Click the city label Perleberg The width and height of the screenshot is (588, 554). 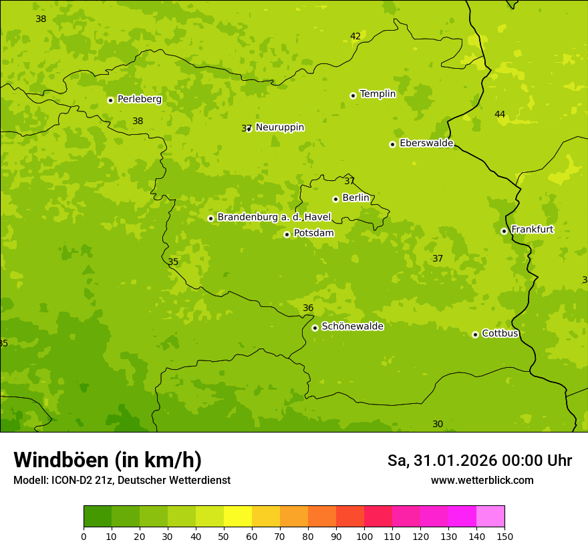point(139,99)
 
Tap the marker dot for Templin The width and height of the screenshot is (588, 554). point(353,95)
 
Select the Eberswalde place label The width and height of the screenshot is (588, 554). point(426,144)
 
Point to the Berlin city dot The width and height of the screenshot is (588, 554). point(335,199)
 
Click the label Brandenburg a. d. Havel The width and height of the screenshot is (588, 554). point(274,218)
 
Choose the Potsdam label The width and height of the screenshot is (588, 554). point(313,234)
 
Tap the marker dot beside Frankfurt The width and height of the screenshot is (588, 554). point(504,231)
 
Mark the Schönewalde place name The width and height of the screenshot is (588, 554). point(352,326)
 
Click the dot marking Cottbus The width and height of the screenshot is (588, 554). point(475,334)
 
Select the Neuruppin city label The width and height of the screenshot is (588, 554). point(279,127)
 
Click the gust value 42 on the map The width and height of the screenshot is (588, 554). point(355,37)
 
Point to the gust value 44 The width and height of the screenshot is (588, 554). point(500,114)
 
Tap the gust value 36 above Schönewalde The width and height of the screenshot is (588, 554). point(308,308)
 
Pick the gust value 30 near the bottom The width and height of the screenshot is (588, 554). point(438,424)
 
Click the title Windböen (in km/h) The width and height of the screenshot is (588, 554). point(108,460)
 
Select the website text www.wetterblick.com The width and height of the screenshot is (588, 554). point(482,481)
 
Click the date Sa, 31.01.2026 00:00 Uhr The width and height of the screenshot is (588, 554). point(479,461)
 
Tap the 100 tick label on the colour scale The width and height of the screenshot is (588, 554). point(364,536)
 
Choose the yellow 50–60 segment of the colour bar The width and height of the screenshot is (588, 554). point(238,517)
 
